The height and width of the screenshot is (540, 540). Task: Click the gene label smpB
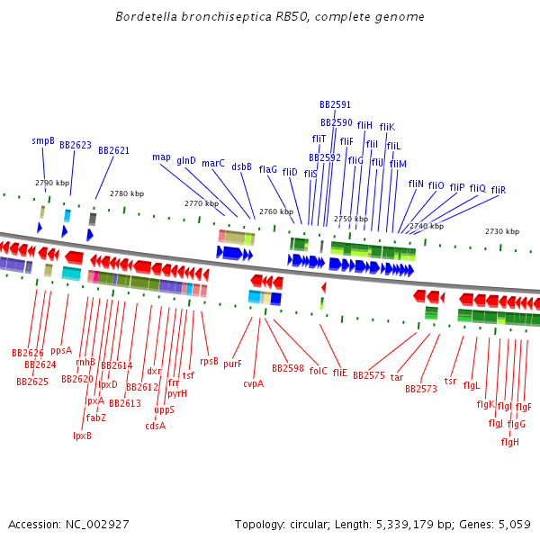43,141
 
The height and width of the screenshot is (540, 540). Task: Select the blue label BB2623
76,145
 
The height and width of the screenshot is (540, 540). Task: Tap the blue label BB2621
113,150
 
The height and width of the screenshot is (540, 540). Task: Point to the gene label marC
213,164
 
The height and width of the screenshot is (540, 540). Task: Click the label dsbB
241,166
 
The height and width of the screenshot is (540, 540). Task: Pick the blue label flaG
268,169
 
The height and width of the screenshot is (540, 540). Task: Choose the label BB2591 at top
335,105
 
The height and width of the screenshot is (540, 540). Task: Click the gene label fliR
499,190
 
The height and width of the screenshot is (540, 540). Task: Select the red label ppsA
61,351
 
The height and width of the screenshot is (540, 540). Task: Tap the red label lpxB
82,436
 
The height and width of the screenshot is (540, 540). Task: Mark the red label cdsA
155,427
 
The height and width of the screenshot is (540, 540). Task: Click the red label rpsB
209,361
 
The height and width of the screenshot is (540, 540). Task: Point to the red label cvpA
254,383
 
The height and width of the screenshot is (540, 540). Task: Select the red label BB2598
288,369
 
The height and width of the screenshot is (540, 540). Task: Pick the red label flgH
510,442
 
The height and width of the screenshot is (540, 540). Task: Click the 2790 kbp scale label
52,183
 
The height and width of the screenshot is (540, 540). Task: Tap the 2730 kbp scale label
501,232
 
